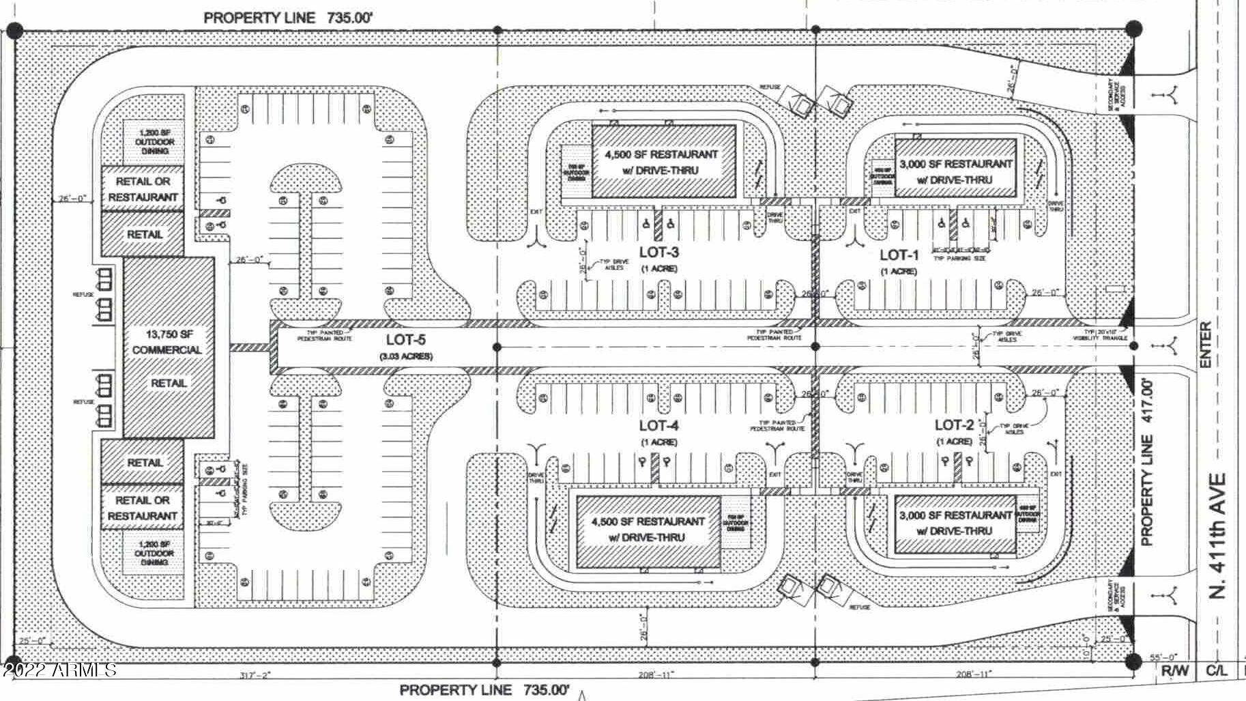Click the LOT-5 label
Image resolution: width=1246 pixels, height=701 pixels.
[x=405, y=340]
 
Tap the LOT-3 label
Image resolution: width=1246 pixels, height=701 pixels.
[x=658, y=253]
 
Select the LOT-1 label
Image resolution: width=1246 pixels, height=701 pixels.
[x=899, y=255]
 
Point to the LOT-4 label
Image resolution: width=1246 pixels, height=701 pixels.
[x=658, y=426]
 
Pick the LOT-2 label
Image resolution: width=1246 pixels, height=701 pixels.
[x=954, y=425]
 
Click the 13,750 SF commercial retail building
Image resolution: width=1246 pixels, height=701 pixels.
[x=168, y=349]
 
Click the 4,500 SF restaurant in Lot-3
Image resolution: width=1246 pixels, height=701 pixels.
[x=662, y=162]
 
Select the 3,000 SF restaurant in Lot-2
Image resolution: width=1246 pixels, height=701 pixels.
[x=955, y=523]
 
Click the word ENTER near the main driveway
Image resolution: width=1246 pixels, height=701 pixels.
[x=1206, y=345]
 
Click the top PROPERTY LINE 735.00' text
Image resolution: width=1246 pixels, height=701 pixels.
[x=288, y=18]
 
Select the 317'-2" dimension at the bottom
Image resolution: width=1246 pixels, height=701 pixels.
[x=256, y=675]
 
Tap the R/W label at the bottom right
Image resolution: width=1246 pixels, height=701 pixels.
[x=1174, y=671]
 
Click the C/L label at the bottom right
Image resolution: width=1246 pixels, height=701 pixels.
[x=1216, y=671]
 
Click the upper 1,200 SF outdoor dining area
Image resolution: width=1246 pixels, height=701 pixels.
[x=154, y=141]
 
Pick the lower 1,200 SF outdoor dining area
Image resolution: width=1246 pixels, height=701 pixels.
[x=154, y=553]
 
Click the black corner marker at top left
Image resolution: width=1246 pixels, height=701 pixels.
[x=15, y=31]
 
